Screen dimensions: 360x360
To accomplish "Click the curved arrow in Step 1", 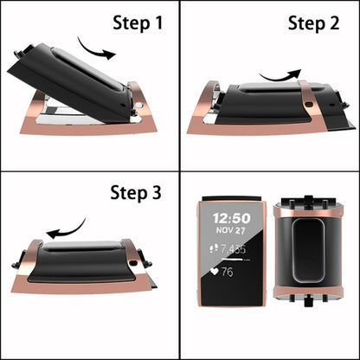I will coord(95,48).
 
